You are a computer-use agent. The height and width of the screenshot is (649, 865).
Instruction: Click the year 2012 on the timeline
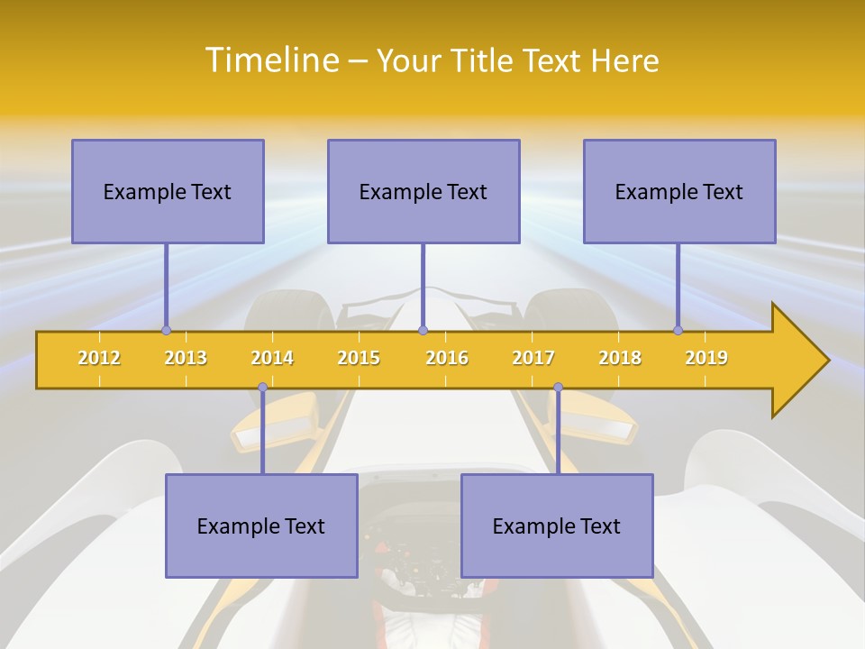tap(99, 358)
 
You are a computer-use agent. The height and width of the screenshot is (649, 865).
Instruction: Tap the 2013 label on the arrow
tap(186, 358)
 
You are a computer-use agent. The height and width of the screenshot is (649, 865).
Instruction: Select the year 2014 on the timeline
tap(272, 358)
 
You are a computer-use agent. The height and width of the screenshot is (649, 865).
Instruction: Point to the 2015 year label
tap(359, 358)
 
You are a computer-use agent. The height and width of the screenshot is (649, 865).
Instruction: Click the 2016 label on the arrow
tap(447, 358)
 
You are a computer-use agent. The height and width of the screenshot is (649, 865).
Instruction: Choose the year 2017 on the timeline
tap(533, 358)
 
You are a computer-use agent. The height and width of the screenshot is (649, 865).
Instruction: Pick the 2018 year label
tap(620, 358)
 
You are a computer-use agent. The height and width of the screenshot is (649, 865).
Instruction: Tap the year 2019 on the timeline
tap(706, 358)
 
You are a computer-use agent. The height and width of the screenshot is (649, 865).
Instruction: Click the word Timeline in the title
tap(271, 60)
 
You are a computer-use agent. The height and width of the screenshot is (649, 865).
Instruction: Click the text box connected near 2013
tap(168, 191)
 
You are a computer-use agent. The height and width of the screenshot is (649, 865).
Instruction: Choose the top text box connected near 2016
tap(423, 191)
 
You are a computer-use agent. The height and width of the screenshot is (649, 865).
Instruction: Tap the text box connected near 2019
tap(679, 191)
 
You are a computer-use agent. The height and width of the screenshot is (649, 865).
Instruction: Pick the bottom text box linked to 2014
tap(261, 526)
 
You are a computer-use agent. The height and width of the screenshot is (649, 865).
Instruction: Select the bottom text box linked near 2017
tap(557, 526)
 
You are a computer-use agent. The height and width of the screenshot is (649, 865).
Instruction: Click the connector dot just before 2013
tap(166, 330)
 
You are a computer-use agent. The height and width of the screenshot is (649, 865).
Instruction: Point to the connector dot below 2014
tap(262, 388)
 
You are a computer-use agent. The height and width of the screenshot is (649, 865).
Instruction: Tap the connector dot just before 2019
tap(678, 330)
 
